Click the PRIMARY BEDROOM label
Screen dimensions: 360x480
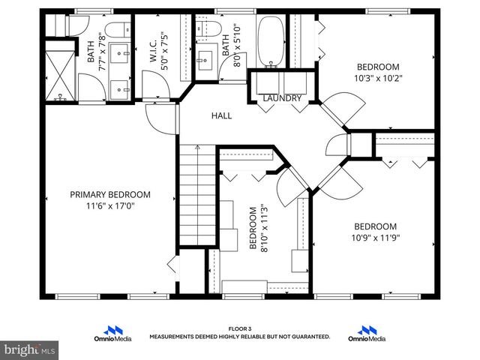[x=110, y=194]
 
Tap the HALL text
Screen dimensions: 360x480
[x=221, y=115]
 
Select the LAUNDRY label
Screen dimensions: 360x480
[x=282, y=98]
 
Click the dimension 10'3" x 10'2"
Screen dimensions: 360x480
[x=377, y=76]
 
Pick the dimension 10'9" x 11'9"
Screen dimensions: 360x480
[x=375, y=238]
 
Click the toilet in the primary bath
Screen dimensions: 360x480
[x=115, y=31]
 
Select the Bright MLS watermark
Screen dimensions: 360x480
[x=30, y=349]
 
